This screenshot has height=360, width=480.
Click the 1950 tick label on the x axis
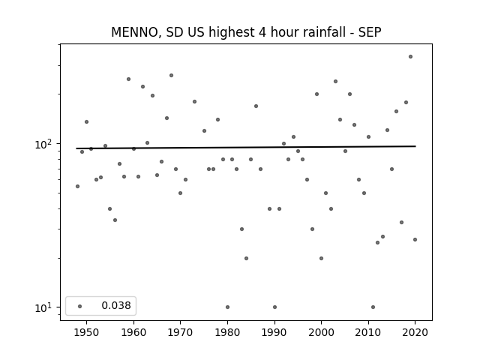pyautogui.click(x=87, y=332)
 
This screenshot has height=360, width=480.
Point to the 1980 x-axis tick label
pyautogui.click(x=227, y=332)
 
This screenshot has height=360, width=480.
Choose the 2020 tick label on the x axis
pyautogui.click(x=415, y=332)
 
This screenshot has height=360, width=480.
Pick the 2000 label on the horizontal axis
pyautogui.click(x=321, y=332)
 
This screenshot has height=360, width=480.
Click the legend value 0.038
pyautogui.click(x=116, y=305)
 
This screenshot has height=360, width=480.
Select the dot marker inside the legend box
pyautogui.click(x=80, y=306)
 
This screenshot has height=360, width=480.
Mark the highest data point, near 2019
pyautogui.click(x=410, y=57)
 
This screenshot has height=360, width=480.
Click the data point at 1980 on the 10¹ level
pyautogui.click(x=227, y=307)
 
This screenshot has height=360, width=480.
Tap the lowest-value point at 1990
pyautogui.click(x=274, y=307)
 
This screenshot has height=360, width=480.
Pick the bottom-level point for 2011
pyautogui.click(x=373, y=307)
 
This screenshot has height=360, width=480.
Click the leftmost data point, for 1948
pyautogui.click(x=77, y=187)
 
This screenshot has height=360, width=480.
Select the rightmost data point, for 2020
pyautogui.click(x=415, y=240)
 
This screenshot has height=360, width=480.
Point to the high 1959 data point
pyautogui.click(x=128, y=79)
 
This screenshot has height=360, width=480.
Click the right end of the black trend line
pyautogui.click(x=415, y=146)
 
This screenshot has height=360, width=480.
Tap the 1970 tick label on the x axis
pyautogui.click(x=180, y=332)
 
